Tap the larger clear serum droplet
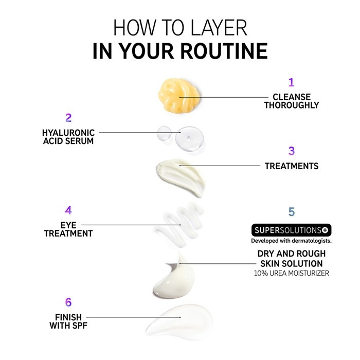(189, 138)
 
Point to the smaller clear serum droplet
(164, 133)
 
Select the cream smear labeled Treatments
(180, 176)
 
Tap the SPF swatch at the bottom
(180, 321)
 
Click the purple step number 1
(292, 82)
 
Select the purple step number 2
(68, 118)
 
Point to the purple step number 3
(292, 151)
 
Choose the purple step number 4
(68, 210)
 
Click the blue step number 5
(292, 212)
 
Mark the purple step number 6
(68, 302)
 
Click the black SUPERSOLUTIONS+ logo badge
(292, 230)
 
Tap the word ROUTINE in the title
(224, 51)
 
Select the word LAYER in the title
(219, 28)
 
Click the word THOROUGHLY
(292, 105)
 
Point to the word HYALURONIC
(68, 133)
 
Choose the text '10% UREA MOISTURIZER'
(292, 273)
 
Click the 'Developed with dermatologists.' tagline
(292, 241)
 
